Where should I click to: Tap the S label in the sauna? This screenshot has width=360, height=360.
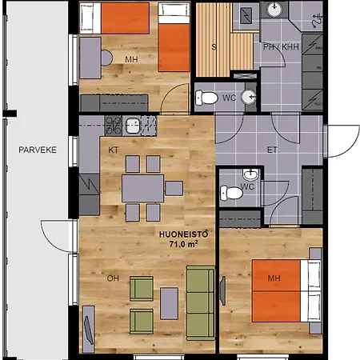point(213,46)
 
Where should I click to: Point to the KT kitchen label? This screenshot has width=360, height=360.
point(114,150)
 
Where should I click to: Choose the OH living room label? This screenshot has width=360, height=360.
point(114,279)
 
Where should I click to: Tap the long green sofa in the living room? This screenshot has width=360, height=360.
point(200,300)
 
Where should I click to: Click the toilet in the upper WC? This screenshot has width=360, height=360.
point(209,97)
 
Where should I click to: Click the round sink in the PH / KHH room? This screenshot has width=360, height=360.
point(275,10)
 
